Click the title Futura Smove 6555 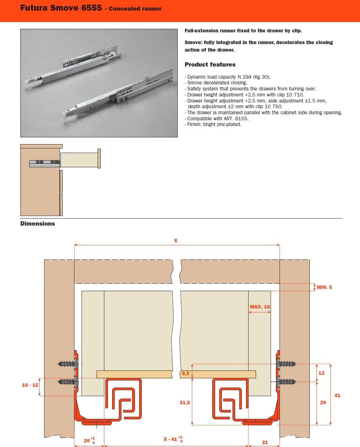point(61,8)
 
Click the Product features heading point(210,64)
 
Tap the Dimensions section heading point(37,223)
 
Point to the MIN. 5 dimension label point(324,287)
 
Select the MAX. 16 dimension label point(260,307)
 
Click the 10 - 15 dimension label point(30,385)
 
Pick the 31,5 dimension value point(184,403)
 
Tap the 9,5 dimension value point(185,373)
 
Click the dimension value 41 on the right point(337,395)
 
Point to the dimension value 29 point(323,403)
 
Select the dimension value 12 point(322,373)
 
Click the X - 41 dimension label point(171,439)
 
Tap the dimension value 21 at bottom point(265,442)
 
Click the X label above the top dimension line point(176,241)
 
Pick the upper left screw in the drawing point(67,364)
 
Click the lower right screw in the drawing point(286,382)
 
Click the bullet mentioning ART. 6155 point(218,119)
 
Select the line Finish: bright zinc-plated point(214,125)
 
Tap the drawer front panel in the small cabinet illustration point(99,159)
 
